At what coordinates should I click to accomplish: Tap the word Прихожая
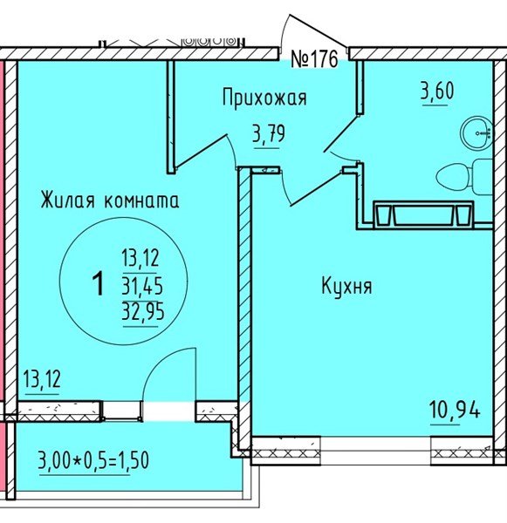pyautogui.click(x=265, y=98)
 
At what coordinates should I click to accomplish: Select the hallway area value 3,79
pyautogui.click(x=268, y=135)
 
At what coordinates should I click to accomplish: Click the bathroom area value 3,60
pyautogui.click(x=437, y=92)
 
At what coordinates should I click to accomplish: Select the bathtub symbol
pyautogui.click(x=422, y=213)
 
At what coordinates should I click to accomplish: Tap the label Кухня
pyautogui.click(x=347, y=286)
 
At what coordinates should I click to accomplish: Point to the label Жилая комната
pyautogui.click(x=110, y=200)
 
